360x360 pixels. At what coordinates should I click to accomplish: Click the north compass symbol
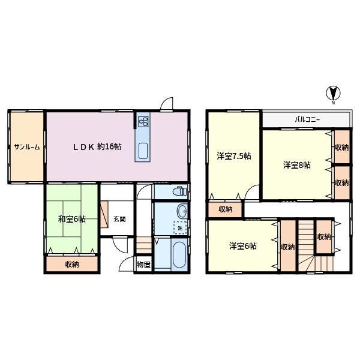pos(333,94)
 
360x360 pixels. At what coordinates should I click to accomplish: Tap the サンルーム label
pos(27,147)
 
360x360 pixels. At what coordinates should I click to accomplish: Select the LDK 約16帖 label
pos(97,146)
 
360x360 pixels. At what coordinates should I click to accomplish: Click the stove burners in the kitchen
pos(143,121)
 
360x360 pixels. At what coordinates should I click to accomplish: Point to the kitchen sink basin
pos(143,151)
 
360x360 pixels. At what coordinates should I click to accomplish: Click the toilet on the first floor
pos(181,191)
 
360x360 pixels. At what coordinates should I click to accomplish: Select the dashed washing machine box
pos(180,228)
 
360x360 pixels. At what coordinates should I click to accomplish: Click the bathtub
pos(179,255)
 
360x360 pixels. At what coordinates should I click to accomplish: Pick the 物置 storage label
pos(143,265)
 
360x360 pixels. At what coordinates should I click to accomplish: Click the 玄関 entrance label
pos(119,219)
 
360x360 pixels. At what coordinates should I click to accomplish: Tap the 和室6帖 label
pos(72,219)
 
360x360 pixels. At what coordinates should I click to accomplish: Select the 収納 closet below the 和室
pos(72,264)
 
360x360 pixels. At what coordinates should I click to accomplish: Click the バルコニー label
pos(307,119)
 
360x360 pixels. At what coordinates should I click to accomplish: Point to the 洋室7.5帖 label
pos(234,156)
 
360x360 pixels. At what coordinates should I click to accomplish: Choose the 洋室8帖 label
pos(297,165)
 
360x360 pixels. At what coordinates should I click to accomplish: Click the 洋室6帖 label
pos(242,246)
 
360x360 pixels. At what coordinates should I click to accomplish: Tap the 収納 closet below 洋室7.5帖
pos(225,209)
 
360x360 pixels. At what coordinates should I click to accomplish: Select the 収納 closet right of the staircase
pos(324,237)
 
